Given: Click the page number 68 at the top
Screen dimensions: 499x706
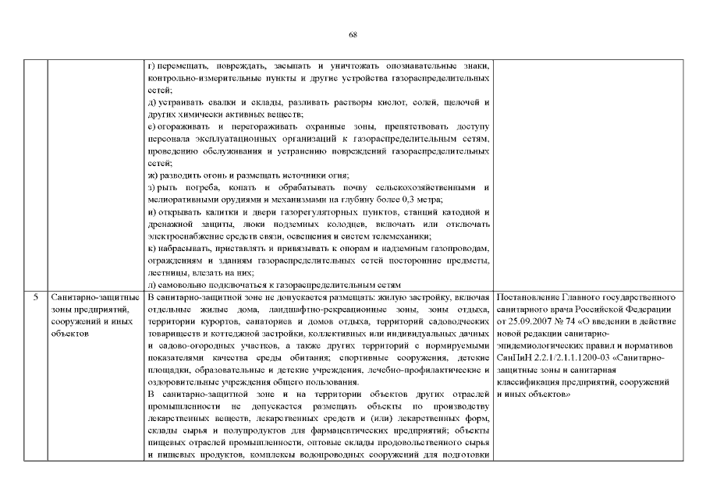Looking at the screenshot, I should pos(353,36).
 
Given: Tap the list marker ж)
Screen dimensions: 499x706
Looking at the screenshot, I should pos(152,175).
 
